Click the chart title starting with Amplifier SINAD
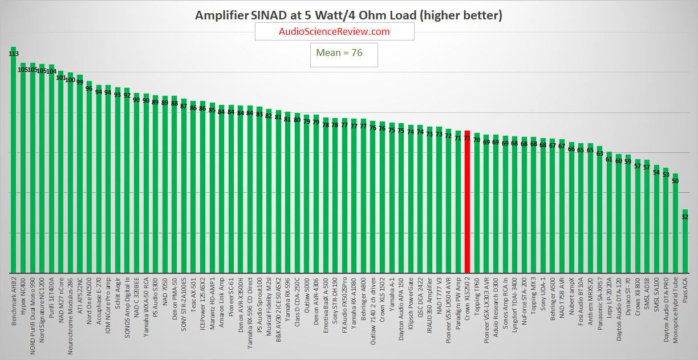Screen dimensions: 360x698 348,15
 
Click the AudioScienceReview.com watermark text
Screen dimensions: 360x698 334,32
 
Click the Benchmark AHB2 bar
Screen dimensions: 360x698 13,160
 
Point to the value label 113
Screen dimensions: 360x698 13,54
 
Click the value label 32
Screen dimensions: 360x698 685,217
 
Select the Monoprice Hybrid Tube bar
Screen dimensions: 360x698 675,223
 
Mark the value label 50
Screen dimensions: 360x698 675,181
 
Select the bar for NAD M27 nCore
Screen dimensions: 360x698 61,172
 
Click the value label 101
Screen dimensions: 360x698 61,78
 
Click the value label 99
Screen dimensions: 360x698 80,82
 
